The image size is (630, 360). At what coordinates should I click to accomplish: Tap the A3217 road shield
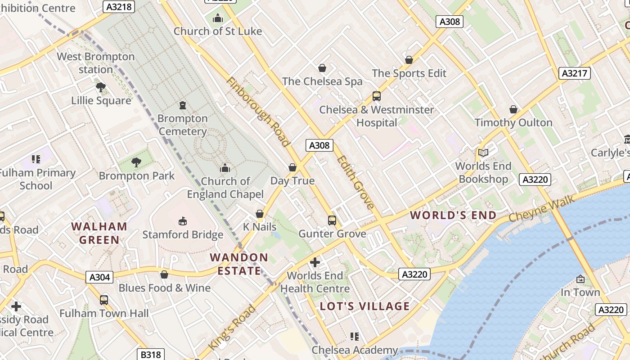(x=575, y=73)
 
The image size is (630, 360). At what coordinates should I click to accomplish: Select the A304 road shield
(x=99, y=277)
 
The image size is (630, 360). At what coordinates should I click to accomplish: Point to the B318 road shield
(x=151, y=355)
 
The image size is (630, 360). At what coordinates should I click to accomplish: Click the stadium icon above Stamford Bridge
(x=183, y=221)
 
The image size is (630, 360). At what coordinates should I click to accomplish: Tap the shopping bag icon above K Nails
(x=260, y=214)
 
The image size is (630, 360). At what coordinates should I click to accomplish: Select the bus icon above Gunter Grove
(x=332, y=220)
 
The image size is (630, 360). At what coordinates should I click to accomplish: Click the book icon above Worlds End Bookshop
(x=483, y=153)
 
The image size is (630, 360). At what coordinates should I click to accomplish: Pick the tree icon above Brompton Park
(x=136, y=162)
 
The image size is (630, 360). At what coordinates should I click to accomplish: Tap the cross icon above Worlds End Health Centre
(x=315, y=262)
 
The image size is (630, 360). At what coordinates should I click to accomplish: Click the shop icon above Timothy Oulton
(x=513, y=109)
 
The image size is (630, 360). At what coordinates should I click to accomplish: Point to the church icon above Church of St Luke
(x=218, y=18)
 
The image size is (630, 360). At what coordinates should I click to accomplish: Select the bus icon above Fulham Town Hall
(x=104, y=300)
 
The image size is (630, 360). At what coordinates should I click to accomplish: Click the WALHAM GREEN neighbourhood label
(x=99, y=233)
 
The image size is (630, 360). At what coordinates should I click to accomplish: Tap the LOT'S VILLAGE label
(x=365, y=306)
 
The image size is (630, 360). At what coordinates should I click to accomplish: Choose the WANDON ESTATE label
(x=239, y=264)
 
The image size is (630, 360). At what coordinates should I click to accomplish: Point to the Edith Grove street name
(x=355, y=182)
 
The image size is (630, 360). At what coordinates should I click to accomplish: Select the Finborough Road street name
(x=257, y=112)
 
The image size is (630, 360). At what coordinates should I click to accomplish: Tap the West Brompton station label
(x=95, y=63)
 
